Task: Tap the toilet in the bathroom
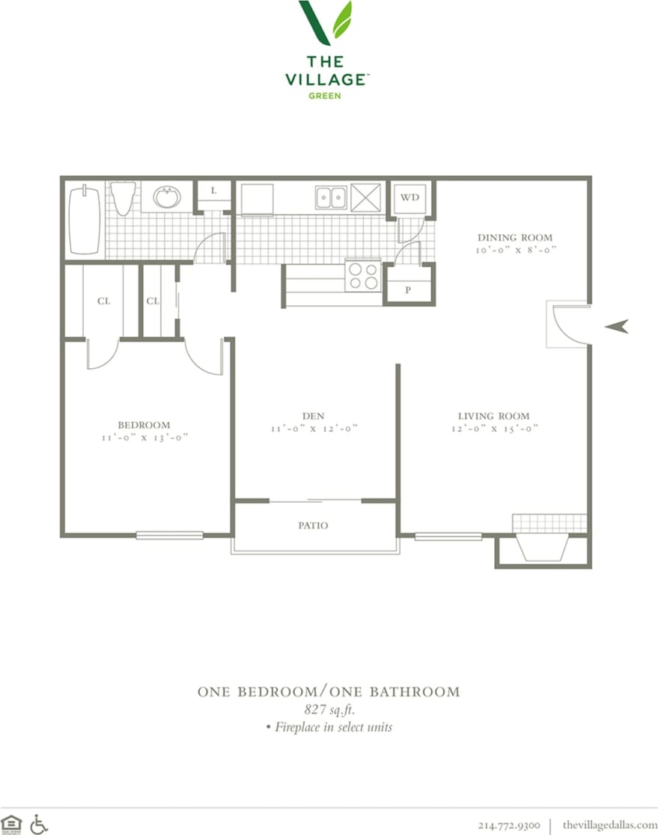(124, 198)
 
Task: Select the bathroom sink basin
(166, 198)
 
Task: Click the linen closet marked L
(213, 192)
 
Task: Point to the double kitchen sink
(330, 197)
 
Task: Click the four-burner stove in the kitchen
(362, 275)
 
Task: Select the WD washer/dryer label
(409, 198)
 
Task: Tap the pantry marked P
(408, 290)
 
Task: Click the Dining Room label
(515, 238)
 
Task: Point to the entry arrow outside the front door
(617, 326)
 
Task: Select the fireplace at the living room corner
(543, 548)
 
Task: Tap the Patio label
(313, 525)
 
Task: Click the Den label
(313, 416)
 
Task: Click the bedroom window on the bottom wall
(169, 535)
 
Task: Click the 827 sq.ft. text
(329, 710)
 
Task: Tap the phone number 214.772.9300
(508, 825)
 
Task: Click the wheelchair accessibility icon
(39, 824)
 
